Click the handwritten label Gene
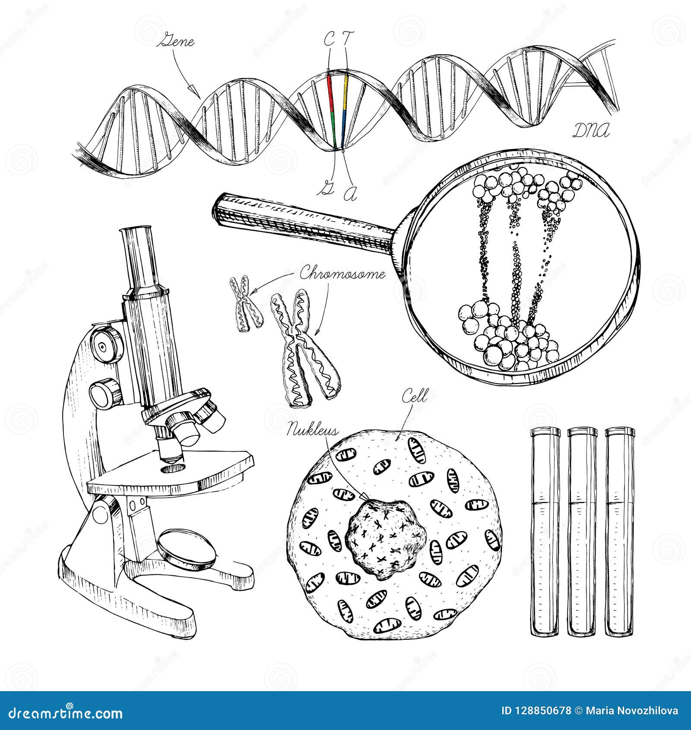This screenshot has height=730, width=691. pos(178,42)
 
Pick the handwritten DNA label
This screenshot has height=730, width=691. pos(591,130)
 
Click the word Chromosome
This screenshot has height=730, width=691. pos(342,274)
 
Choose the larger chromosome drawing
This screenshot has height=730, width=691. pos(304,350)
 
